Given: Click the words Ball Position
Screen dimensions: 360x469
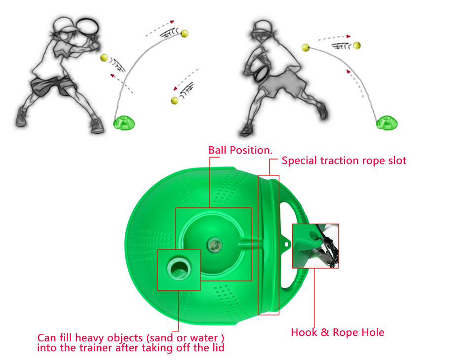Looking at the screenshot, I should point(240,150).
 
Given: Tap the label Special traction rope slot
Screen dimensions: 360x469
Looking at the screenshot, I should point(344,160).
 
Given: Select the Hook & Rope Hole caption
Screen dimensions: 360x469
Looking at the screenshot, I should point(337,332).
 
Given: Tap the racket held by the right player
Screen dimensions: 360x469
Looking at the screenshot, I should point(261,72).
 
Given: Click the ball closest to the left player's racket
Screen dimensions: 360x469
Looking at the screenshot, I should point(104,58).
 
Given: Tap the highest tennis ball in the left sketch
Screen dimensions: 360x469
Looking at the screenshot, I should point(185,34).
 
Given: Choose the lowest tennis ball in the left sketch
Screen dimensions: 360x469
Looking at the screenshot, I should point(174,100).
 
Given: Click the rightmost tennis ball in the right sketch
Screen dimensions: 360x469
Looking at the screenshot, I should point(357,45).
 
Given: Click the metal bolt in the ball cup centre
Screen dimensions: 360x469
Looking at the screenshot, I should point(215,243).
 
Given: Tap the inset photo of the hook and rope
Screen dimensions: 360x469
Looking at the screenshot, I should point(315,245).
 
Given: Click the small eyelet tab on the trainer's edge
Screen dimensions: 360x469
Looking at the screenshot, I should point(286,243).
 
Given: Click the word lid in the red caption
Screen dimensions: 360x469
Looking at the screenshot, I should point(216,348).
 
